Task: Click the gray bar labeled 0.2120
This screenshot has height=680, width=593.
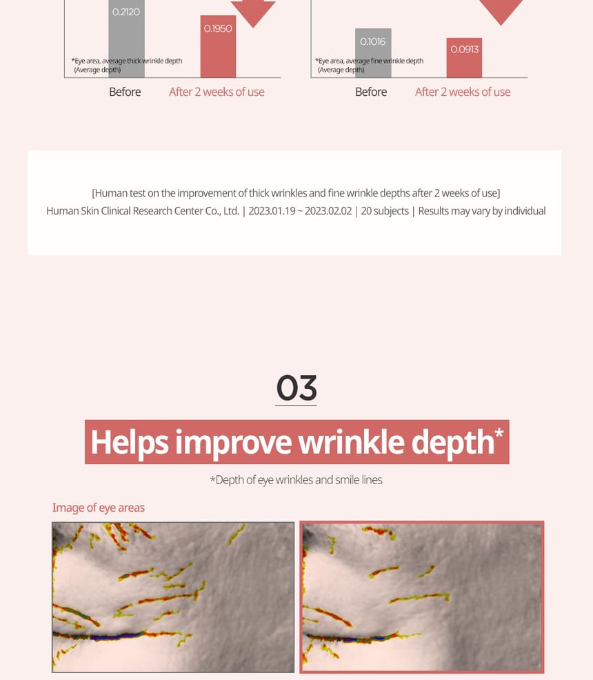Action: pyautogui.click(x=127, y=39)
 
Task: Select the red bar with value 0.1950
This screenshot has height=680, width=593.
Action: pyautogui.click(x=218, y=47)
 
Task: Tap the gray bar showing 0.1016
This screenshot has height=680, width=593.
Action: pyautogui.click(x=373, y=53)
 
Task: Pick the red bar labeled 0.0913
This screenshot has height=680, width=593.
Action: pyautogui.click(x=464, y=58)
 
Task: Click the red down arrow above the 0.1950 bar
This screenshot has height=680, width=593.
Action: pyautogui.click(x=253, y=12)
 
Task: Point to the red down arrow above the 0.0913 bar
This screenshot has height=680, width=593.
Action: pyautogui.click(x=501, y=11)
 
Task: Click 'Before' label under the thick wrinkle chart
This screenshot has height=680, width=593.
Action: pyautogui.click(x=125, y=92)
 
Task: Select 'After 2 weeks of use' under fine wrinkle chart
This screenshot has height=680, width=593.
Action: pyautogui.click(x=463, y=92)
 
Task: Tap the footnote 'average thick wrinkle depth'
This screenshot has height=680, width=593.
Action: pyautogui.click(x=142, y=61)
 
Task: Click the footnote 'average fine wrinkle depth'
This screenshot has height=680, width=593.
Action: pyautogui.click(x=385, y=61)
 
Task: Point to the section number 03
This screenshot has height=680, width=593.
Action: pyautogui.click(x=296, y=388)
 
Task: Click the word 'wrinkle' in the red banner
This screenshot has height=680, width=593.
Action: pyautogui.click(x=351, y=442)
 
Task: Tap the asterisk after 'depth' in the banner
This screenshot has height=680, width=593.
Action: pyautogui.click(x=499, y=433)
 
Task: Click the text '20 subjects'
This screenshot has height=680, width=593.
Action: pyautogui.click(x=385, y=211)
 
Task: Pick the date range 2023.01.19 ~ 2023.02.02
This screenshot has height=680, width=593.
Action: pyautogui.click(x=300, y=211)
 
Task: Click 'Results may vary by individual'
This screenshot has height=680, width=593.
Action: pyautogui.click(x=481, y=211)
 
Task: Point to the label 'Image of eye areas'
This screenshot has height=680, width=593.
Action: pyautogui.click(x=99, y=508)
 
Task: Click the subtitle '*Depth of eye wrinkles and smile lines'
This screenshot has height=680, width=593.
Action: pyautogui.click(x=296, y=480)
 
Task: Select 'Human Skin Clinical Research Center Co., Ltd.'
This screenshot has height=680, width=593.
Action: pyautogui.click(x=143, y=211)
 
